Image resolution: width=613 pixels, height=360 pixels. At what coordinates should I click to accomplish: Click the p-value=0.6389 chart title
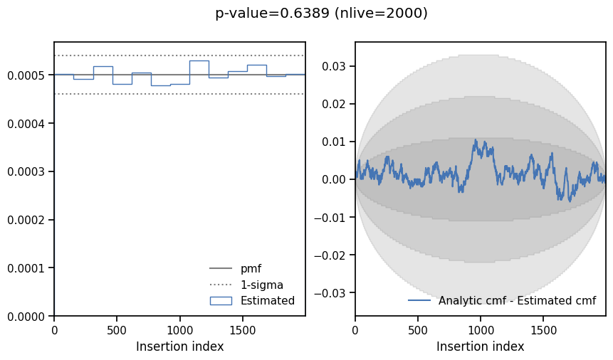click(x=321, y=13)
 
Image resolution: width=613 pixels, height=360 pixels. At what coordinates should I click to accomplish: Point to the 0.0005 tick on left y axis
click(x=28, y=75)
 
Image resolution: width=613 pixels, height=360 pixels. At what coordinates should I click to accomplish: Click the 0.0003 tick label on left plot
click(x=28, y=171)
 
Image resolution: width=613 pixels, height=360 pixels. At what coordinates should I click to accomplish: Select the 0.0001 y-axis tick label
click(x=28, y=268)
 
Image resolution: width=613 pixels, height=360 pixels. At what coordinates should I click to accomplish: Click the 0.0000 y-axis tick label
click(x=28, y=316)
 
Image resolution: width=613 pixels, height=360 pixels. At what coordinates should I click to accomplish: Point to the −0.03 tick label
click(x=332, y=292)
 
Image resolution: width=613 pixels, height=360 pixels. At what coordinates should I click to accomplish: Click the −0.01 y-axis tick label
click(x=332, y=217)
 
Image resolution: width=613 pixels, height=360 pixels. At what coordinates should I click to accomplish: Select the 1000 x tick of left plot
click(x=179, y=330)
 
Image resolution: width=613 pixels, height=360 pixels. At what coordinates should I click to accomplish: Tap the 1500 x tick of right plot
click(x=544, y=330)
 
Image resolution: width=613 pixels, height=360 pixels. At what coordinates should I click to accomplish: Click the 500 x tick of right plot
click(x=418, y=330)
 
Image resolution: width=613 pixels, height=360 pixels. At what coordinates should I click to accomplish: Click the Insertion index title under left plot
click(x=179, y=346)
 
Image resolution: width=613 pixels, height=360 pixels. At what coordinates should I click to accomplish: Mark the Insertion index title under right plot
click(x=480, y=346)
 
